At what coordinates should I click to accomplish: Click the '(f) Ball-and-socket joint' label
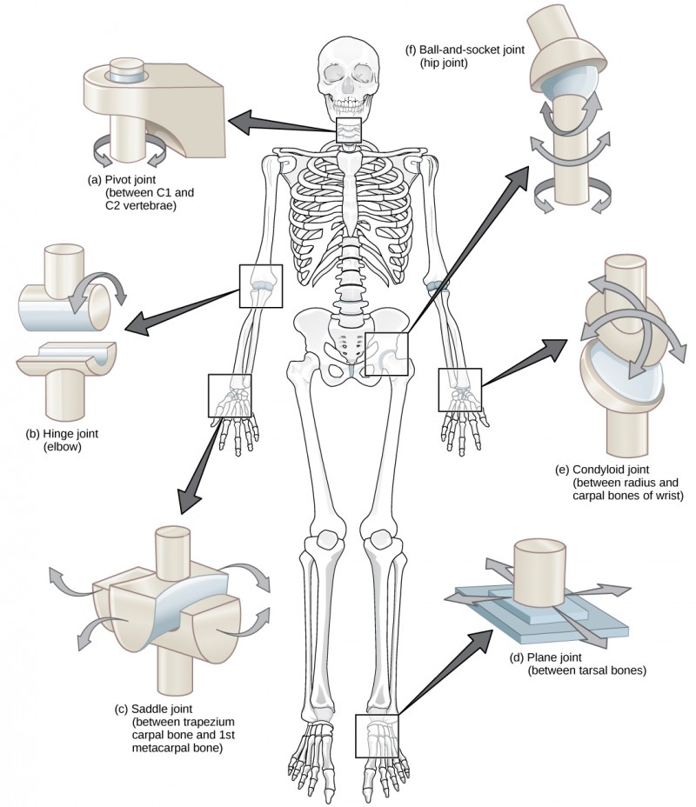tap(466, 50)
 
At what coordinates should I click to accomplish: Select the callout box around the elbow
tap(260, 286)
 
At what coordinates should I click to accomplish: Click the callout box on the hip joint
tap(386, 353)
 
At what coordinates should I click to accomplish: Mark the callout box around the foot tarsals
tap(377, 735)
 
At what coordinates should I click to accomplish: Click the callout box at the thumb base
tap(230, 395)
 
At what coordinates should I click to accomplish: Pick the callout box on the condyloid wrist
tap(458, 388)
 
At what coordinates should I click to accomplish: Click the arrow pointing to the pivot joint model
tap(278, 123)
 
